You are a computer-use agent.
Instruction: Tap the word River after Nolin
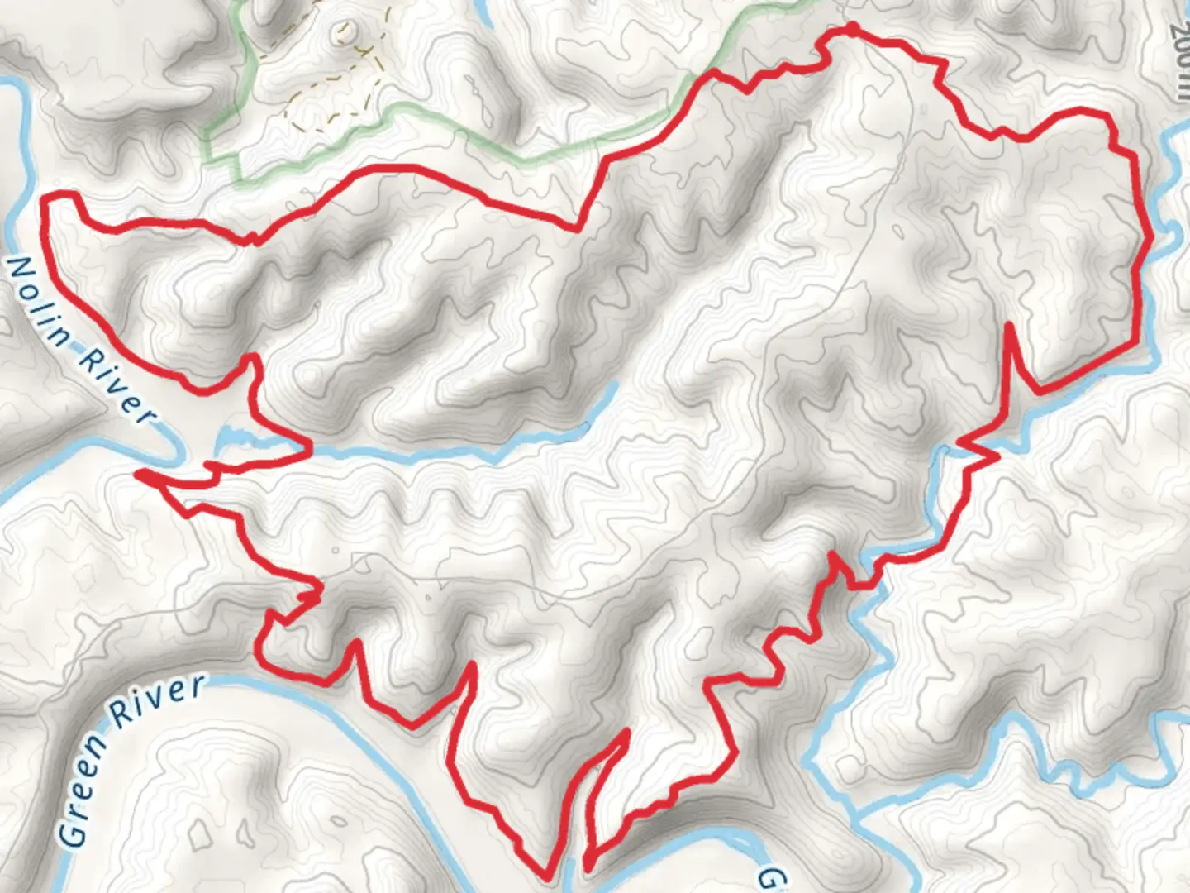click(116, 385)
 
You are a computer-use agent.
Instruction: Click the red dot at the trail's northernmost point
click(850, 31)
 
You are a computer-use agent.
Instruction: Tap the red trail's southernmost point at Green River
click(548, 875)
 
